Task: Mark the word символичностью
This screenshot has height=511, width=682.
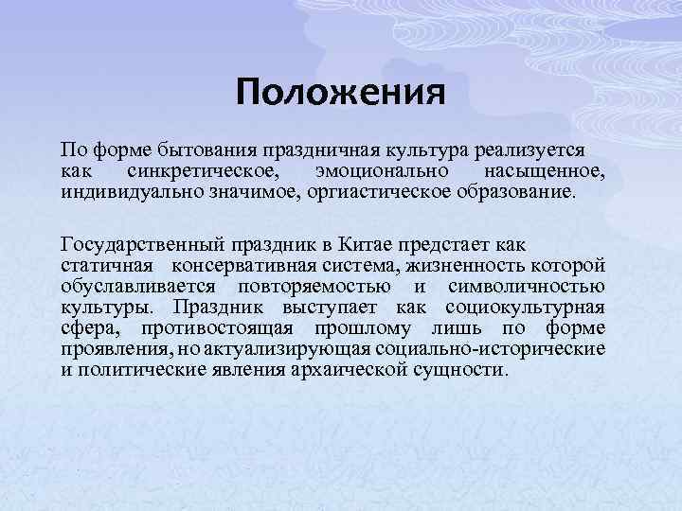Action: click(x=526, y=287)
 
